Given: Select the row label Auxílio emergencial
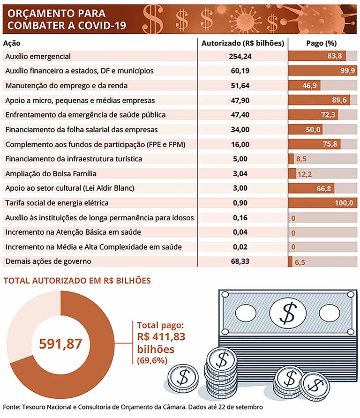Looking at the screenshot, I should click(x=37, y=56).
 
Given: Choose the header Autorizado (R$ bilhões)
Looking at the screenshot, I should click(x=242, y=43).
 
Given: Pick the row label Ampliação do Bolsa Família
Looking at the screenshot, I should click(x=51, y=173).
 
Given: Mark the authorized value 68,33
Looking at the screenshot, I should click(x=241, y=261).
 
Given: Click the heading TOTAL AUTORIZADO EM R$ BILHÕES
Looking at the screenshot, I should click(x=77, y=281).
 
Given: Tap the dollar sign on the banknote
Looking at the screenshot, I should click(x=287, y=313).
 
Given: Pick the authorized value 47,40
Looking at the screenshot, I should click(x=241, y=115).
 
